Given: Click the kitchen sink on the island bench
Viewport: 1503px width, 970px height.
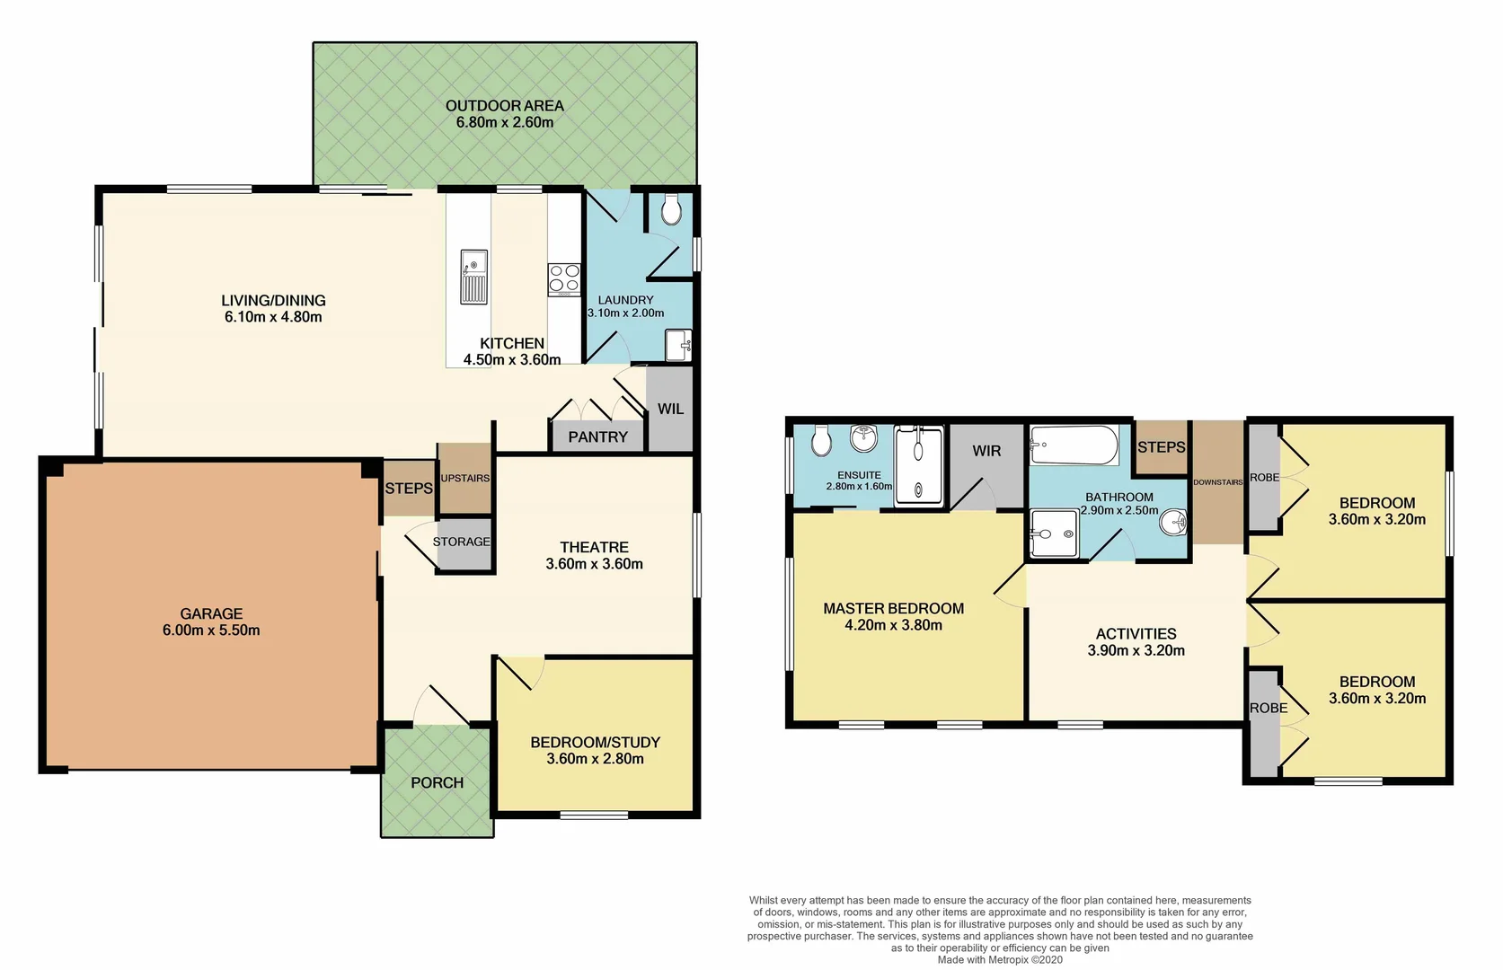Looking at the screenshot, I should click(x=473, y=277).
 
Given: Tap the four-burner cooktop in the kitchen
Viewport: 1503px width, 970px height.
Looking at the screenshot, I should click(x=564, y=279).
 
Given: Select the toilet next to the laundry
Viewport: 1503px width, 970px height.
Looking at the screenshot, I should click(x=670, y=211).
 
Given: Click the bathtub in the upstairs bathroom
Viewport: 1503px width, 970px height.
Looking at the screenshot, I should click(x=1074, y=445).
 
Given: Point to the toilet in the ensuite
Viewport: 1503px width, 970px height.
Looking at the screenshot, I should click(x=820, y=441).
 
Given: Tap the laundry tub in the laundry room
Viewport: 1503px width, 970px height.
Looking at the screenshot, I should click(x=678, y=345).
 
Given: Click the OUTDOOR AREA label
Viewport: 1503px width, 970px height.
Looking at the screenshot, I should click(x=505, y=106).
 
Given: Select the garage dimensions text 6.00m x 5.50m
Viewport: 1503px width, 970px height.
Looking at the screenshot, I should click(x=211, y=630).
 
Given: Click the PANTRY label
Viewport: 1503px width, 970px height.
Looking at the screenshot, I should click(x=597, y=437).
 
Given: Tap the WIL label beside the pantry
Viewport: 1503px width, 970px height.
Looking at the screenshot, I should click(x=670, y=410).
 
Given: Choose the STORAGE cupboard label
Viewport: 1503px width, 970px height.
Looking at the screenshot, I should click(x=461, y=542).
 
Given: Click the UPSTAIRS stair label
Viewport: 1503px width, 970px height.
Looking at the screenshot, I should click(x=464, y=479).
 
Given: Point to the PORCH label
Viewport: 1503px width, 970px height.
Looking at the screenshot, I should click(x=437, y=783).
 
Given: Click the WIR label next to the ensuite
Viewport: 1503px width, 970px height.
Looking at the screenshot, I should click(x=986, y=451).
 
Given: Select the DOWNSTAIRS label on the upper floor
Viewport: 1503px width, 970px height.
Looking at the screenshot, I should click(x=1217, y=482).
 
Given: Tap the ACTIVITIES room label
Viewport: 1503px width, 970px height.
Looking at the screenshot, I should click(x=1136, y=634).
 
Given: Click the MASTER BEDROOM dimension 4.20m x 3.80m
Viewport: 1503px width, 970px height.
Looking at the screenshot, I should click(x=893, y=625).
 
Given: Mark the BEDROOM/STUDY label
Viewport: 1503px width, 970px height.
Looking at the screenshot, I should click(x=595, y=743).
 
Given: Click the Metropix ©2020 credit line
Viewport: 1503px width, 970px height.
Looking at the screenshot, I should click(x=999, y=960).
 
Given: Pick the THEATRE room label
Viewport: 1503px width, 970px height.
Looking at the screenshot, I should click(x=594, y=548).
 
